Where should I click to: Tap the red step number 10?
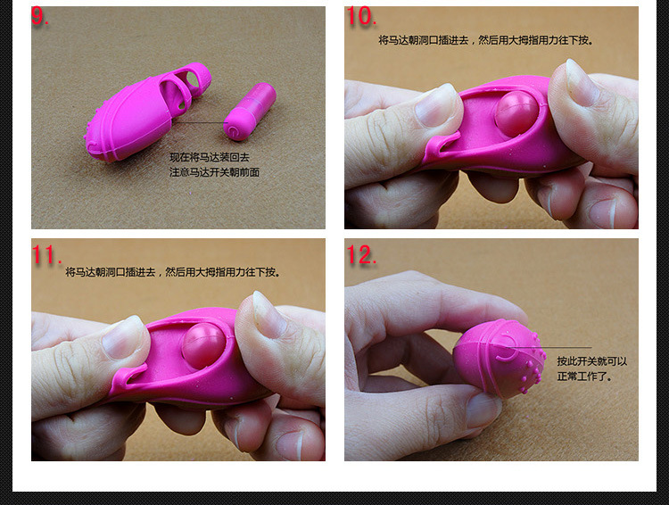(x=360, y=17)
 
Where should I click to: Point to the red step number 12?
(x=361, y=255)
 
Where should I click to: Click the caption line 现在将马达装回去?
(x=210, y=157)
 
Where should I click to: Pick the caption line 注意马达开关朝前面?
(x=214, y=172)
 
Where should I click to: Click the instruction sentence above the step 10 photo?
(x=485, y=40)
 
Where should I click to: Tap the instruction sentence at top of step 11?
(x=172, y=272)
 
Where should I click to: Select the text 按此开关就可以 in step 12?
(x=592, y=361)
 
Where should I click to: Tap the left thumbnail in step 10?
(x=437, y=105)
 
